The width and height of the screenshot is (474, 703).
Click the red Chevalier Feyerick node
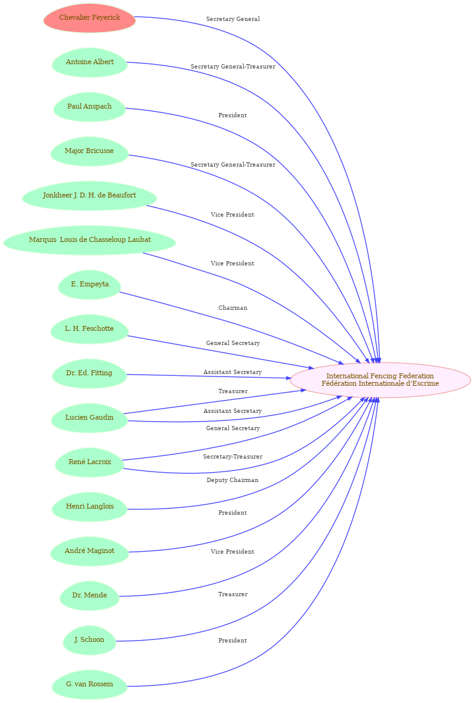pos(89,18)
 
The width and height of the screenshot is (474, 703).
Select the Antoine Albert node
pos(89,62)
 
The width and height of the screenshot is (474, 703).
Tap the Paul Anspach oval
pos(89,107)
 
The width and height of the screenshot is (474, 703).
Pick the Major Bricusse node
pos(89,151)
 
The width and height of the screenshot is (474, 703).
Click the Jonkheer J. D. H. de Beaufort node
pos(89,196)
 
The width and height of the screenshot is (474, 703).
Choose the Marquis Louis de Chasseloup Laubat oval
pos(89,240)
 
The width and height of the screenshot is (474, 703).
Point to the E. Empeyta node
pos(89,285)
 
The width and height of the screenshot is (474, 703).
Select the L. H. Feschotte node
pos(89,328)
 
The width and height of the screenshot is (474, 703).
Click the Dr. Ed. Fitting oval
pos(89,373)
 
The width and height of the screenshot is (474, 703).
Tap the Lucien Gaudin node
pos(89,417)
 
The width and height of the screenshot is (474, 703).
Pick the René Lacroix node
pos(89,462)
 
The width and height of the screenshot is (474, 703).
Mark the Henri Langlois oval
pos(89,506)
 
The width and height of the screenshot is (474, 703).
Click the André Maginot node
pos(89,551)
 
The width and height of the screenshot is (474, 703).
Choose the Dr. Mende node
pos(89,595)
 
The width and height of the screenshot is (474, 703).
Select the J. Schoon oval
pos(89,639)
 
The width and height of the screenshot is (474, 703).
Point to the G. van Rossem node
pos(89,684)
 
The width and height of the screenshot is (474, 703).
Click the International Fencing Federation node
pos(380,380)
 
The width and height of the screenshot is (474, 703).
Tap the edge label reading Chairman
pos(233,308)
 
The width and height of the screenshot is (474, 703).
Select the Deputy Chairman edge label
pos(232,480)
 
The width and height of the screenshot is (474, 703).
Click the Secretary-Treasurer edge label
pos(233,457)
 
